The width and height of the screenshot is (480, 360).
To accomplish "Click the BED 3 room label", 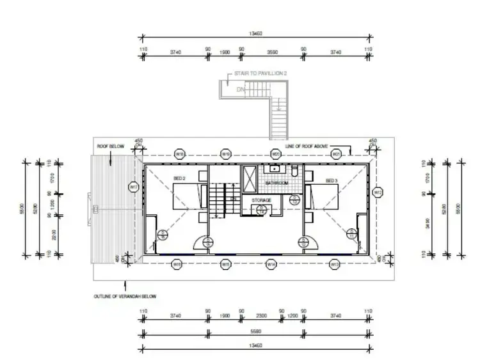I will click(x=331, y=181).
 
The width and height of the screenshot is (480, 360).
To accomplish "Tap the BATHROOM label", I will click(x=276, y=184).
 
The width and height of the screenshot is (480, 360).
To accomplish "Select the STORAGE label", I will click(x=261, y=200).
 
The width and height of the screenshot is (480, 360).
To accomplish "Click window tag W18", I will click(x=180, y=154).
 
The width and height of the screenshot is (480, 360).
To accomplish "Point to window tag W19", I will click(x=225, y=154).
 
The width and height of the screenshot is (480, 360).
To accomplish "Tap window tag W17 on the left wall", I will click(x=134, y=187).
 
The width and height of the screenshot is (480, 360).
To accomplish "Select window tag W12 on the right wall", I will click(x=378, y=192).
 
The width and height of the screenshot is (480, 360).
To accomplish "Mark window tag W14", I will click(x=271, y=263).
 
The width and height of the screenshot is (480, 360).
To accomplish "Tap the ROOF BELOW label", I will click(x=110, y=146).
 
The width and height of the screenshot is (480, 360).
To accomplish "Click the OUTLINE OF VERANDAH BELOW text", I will click(x=125, y=297).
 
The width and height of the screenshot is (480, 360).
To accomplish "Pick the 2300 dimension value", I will click(x=261, y=315).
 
